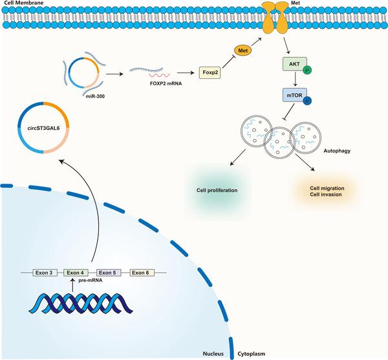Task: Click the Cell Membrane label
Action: (x=21, y=4)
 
